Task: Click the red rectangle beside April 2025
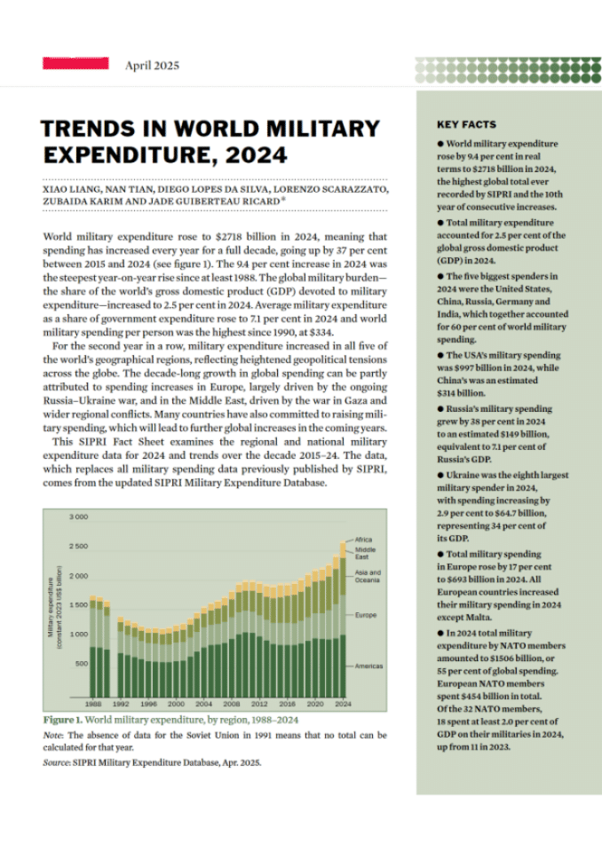pos(75,64)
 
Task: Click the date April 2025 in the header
pos(152,65)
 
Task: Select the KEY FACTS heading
pos(466,125)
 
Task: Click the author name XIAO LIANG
pos(72,189)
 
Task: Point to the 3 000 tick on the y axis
pos(77,517)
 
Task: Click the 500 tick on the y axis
pos(80,664)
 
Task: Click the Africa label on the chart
pos(363,540)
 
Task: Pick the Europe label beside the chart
pos(365,615)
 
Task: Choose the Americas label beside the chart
pos(368,665)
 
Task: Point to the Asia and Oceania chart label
pos(368,576)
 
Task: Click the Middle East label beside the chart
pos(365,553)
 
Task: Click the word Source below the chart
pos(56,761)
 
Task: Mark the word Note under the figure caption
pos(51,735)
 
